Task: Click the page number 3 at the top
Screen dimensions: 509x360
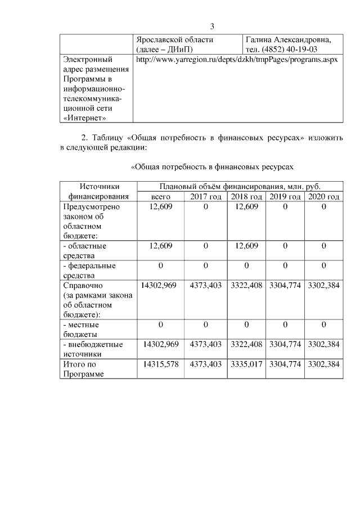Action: coord(212,26)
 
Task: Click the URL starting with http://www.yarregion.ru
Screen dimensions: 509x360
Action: coord(236,60)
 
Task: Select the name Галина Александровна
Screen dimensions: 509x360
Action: coord(287,40)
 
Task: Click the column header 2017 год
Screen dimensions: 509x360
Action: coord(206,197)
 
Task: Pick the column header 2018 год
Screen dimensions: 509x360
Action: coord(246,197)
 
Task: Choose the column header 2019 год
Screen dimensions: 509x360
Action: coord(285,197)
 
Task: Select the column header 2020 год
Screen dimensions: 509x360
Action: coord(323,197)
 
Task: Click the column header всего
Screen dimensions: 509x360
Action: coord(161,197)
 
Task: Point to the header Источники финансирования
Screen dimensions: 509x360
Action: coord(99,192)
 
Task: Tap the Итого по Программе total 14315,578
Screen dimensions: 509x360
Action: coord(161,364)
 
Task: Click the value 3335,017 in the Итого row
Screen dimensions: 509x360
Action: coord(246,364)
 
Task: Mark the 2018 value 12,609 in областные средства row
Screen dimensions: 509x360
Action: coord(246,246)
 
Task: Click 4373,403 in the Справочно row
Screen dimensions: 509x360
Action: coord(206,286)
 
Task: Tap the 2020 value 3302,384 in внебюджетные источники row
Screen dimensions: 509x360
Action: coord(323,344)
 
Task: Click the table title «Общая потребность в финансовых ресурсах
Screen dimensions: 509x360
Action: coord(213,168)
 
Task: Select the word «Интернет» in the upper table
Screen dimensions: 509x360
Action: coord(86,118)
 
